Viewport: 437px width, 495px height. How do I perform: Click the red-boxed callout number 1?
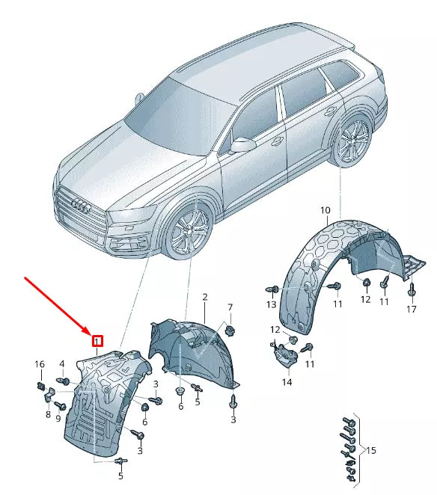pyautogui.click(x=97, y=341)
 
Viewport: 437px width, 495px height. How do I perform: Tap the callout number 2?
pyautogui.click(x=205, y=297)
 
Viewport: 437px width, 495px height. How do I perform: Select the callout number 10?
pyautogui.click(x=326, y=210)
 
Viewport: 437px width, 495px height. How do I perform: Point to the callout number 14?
pyautogui.click(x=287, y=382)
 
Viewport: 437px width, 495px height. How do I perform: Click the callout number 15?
pyautogui.click(x=371, y=450)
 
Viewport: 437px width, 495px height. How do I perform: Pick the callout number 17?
pyautogui.click(x=411, y=309)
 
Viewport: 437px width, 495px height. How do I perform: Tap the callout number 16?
pyautogui.click(x=40, y=364)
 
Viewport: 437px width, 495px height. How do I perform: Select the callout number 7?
pyautogui.click(x=230, y=307)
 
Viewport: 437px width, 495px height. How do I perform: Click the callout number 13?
pyautogui.click(x=272, y=304)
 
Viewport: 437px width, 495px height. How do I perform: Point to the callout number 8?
pyautogui.click(x=48, y=414)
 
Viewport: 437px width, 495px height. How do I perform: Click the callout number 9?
pyautogui.click(x=58, y=418)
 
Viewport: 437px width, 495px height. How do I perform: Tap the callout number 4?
pyautogui.click(x=62, y=364)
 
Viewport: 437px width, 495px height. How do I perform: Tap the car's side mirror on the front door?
pyautogui.click(x=243, y=145)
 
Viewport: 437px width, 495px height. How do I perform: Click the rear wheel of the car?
pyautogui.click(x=352, y=140)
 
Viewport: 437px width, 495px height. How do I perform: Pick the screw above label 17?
pyautogui.click(x=411, y=290)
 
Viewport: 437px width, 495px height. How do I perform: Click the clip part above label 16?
pyautogui.click(x=40, y=386)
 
